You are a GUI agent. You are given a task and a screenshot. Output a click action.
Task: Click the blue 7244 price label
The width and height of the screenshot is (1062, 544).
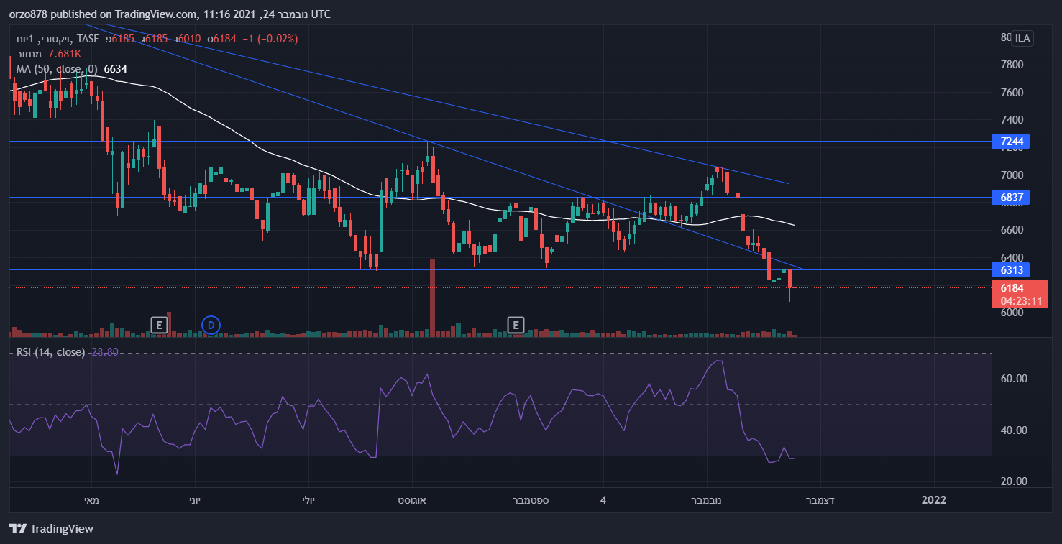[x=1010, y=142]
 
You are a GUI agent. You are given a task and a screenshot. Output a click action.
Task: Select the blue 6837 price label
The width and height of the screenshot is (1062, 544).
[x=1010, y=197]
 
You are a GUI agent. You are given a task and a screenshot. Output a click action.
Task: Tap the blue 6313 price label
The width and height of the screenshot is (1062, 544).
[x=1010, y=270]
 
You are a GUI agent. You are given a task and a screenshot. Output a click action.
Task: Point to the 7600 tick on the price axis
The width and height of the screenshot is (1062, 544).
[x=1012, y=93]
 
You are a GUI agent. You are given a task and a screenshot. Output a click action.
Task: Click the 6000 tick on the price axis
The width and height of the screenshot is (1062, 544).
[x=1012, y=313]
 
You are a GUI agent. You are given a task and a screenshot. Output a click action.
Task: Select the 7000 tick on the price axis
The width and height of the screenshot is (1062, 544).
[x=1012, y=175]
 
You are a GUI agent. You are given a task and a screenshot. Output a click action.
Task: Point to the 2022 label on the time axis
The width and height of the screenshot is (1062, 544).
[x=933, y=500]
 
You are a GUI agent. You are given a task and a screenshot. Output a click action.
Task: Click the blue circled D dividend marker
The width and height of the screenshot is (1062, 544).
[x=211, y=326]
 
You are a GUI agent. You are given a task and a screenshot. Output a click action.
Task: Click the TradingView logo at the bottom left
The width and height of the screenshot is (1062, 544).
[x=51, y=529]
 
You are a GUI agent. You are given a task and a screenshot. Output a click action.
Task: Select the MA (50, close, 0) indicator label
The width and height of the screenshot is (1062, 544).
[x=59, y=69]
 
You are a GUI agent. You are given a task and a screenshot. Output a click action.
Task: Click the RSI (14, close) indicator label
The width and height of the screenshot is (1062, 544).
[x=50, y=352]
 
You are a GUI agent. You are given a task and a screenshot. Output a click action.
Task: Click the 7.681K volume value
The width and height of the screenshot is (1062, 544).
[x=64, y=54]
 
